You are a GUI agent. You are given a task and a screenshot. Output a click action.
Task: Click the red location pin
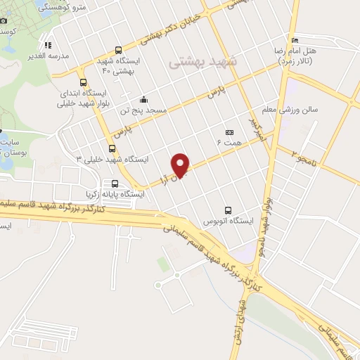[x=181, y=165]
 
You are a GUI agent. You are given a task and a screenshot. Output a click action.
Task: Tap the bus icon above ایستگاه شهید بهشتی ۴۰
[x=118, y=51]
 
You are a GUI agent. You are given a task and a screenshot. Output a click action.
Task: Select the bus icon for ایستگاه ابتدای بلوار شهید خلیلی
[x=84, y=82]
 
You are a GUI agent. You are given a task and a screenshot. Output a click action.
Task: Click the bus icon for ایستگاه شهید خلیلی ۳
[x=112, y=148]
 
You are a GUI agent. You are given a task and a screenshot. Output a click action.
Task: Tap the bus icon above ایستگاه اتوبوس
[x=227, y=210]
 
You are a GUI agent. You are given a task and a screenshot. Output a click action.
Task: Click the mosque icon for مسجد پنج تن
[x=143, y=99]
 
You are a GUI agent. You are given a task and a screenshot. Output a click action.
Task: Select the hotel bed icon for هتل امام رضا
[x=295, y=40]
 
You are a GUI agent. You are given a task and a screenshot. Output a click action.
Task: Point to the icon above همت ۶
[x=229, y=132]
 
